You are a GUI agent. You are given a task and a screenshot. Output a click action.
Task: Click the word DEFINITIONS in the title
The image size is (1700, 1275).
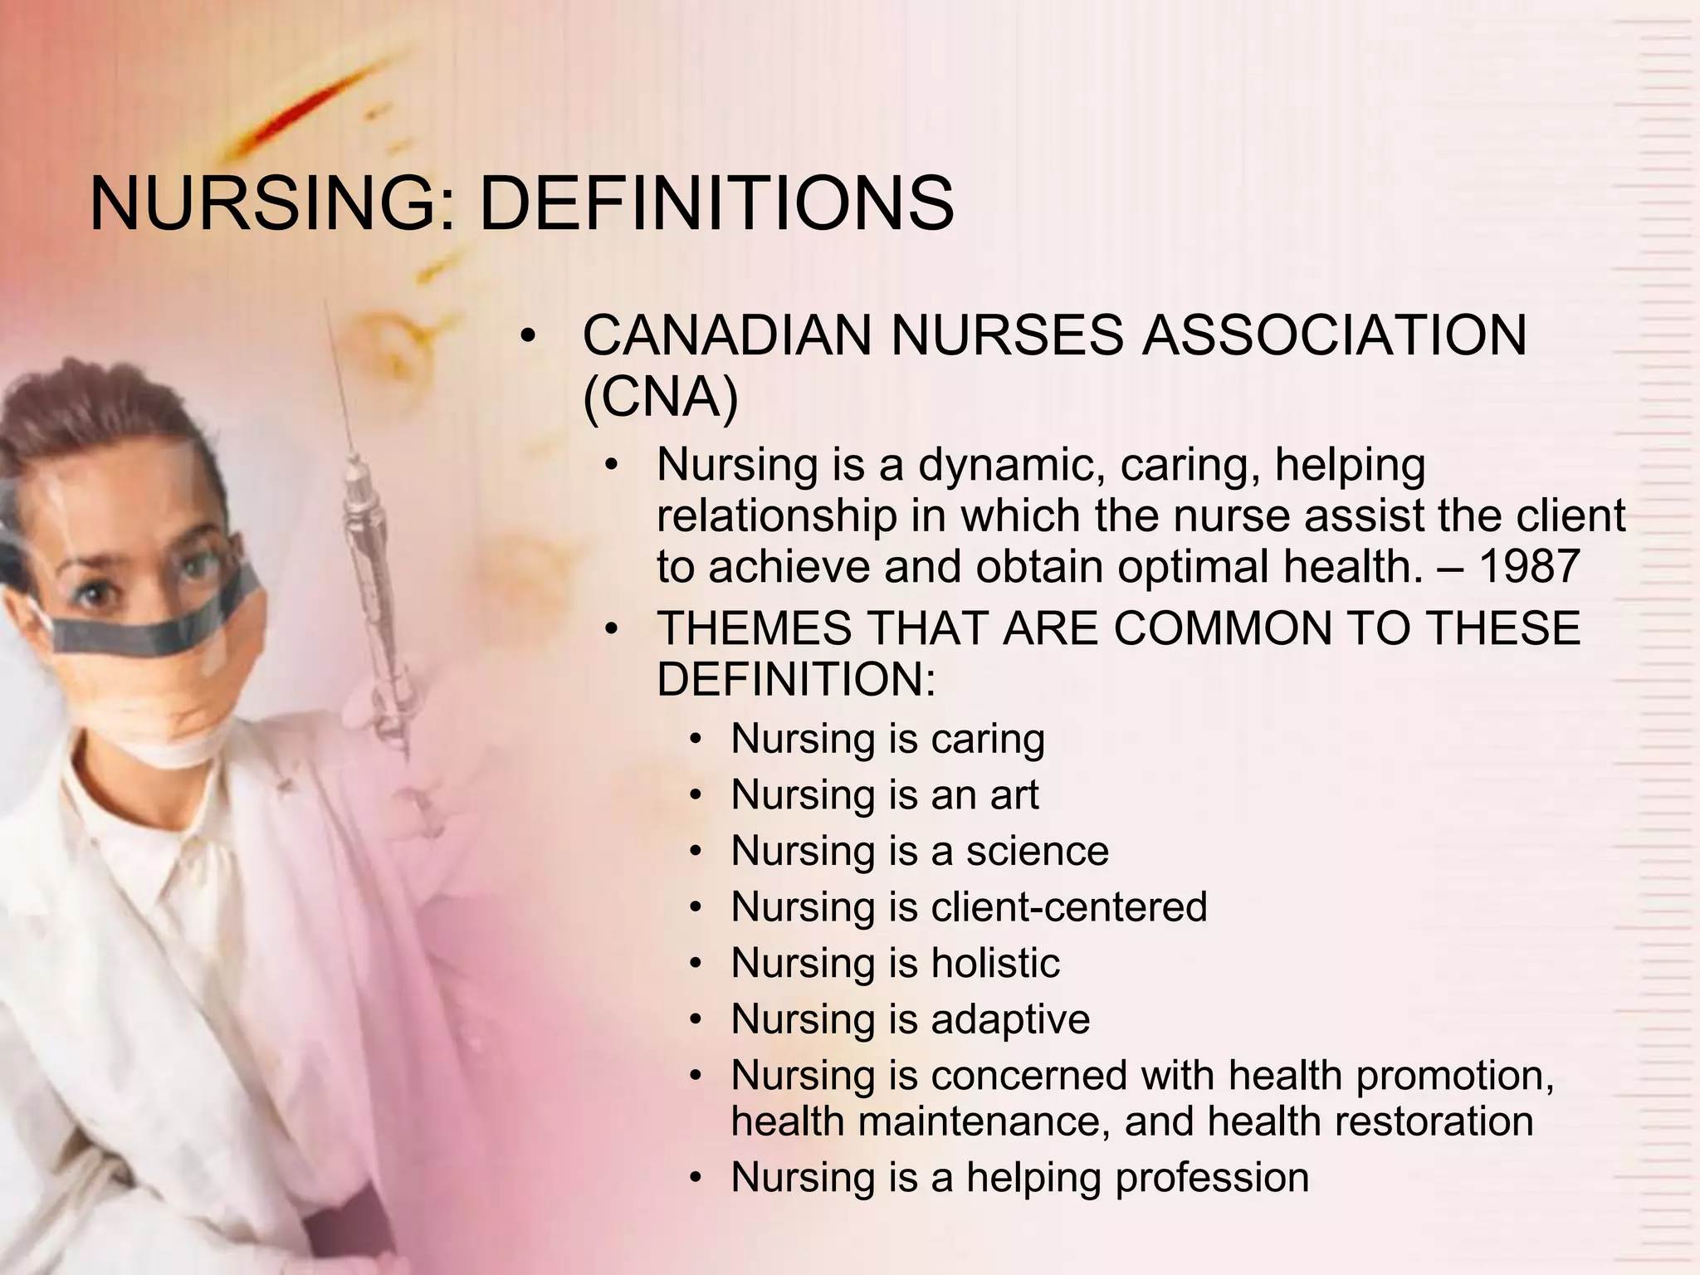pos(716,204)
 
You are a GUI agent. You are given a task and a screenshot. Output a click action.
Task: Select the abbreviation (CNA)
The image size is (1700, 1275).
pos(660,398)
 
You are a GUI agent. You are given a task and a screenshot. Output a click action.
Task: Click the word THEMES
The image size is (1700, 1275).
pos(754,628)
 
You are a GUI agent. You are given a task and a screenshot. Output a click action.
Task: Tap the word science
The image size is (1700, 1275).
pos(1037,852)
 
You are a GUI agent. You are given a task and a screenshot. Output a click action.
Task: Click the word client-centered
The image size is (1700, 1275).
pos(1068,906)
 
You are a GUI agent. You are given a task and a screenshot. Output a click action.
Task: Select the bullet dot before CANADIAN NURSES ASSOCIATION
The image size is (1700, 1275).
pos(528,337)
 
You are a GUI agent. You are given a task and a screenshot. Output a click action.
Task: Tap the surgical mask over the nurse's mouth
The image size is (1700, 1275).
pos(158,697)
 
